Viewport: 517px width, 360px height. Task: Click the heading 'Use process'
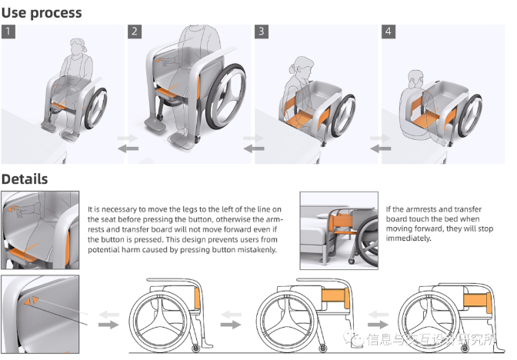pos(42,12)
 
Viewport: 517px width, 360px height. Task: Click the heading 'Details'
pos(25,179)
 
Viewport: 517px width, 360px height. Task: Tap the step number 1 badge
pos(8,32)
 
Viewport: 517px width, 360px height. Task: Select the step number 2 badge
pos(135,32)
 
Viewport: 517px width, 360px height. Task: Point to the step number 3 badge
pos(262,32)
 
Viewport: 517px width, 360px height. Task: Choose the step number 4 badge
pos(389,32)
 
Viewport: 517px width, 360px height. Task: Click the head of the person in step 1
pos(80,48)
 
